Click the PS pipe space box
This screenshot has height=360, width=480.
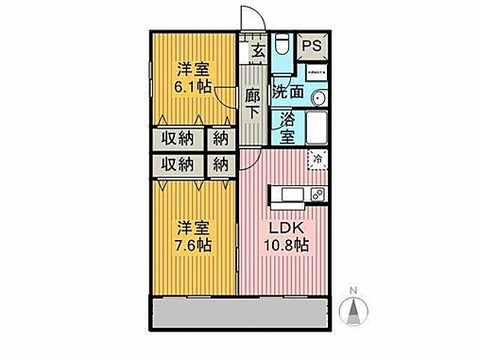pyautogui.click(x=311, y=43)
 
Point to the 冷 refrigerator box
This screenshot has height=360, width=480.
pyautogui.click(x=318, y=158)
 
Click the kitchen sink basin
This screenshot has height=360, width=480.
pyautogui.click(x=289, y=195)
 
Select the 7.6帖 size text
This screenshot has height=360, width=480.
pyautogui.click(x=192, y=246)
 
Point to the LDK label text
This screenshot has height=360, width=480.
pyautogui.click(x=286, y=229)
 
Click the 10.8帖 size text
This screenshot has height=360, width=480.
pyautogui.click(x=286, y=246)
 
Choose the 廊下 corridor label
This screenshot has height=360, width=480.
pyautogui.click(x=252, y=103)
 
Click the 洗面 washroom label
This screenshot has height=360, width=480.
pyautogui.click(x=288, y=93)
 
